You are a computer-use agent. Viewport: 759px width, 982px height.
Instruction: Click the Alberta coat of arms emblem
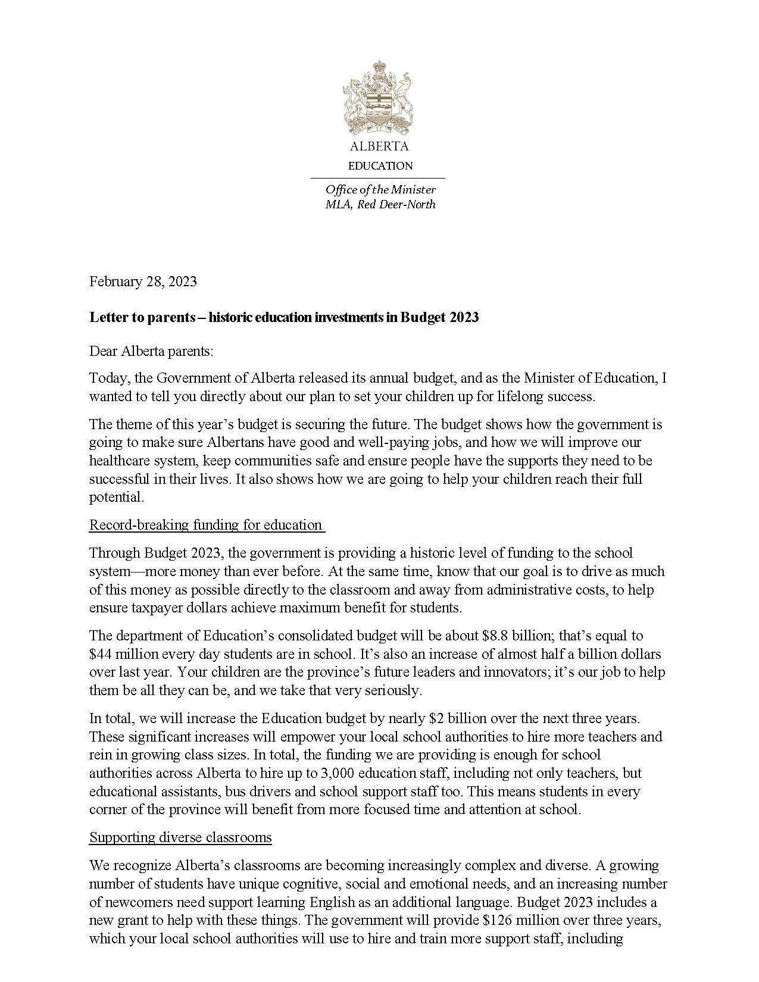379,98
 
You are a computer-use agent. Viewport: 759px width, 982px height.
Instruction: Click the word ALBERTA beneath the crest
379,146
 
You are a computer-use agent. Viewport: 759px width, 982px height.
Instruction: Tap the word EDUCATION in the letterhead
380,166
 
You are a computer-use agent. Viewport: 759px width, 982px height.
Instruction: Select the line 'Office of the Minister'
380,190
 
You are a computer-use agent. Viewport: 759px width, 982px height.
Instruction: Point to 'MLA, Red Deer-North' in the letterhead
380,205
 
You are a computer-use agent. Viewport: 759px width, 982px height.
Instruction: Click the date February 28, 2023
143,282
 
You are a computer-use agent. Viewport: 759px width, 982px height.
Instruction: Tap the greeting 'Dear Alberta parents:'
151,351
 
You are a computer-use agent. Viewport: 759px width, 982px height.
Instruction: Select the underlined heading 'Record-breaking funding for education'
206,525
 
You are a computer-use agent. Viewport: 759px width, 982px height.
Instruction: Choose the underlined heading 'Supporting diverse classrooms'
180,838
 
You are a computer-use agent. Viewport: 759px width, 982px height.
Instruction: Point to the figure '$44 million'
120,654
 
